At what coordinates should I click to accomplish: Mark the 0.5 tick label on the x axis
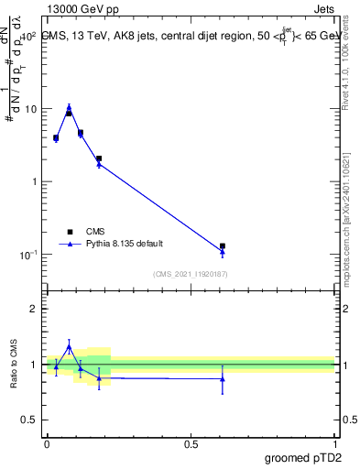point(191,443)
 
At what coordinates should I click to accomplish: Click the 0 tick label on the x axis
point(47,443)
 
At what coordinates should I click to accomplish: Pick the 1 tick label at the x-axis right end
point(335,443)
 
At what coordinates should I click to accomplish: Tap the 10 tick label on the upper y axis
point(30,109)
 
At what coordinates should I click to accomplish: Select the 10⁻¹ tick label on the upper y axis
point(27,254)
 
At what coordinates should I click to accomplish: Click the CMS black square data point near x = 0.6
point(223,245)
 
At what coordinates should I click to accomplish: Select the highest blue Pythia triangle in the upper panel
point(69,107)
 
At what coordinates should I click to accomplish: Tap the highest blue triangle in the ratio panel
point(69,347)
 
